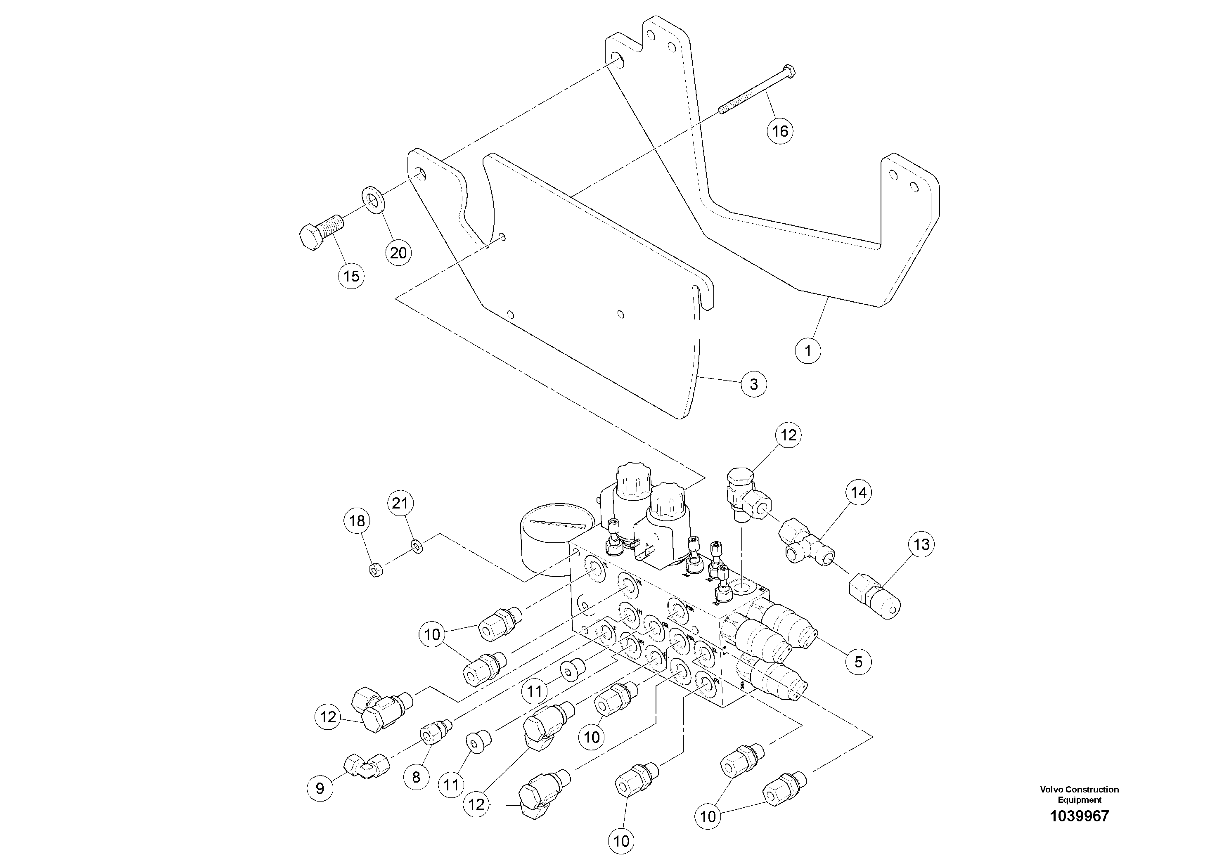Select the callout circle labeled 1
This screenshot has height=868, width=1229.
pos(808,351)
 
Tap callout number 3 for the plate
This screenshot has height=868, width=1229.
pos(754,384)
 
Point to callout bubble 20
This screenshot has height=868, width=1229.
pos(398,253)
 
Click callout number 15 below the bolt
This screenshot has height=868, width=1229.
pos(351,276)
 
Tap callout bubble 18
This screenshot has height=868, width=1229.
pos(357,521)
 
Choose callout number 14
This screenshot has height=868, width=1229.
pos(859,492)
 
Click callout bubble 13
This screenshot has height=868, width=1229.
pos(921,545)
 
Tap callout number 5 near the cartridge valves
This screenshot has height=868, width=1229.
pos(858,662)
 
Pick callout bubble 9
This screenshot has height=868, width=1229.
pos(320,788)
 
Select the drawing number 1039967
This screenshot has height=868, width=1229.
pos(1079,816)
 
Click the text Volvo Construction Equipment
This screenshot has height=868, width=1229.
pos(1079,794)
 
